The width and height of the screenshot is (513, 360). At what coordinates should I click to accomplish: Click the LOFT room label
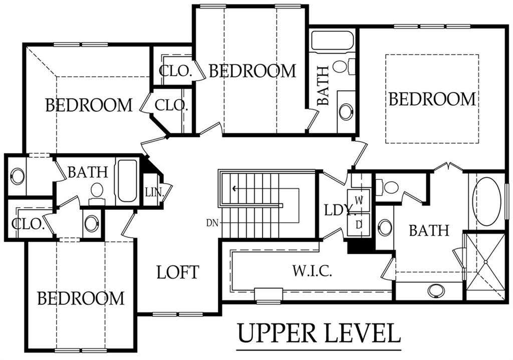coord(178,272)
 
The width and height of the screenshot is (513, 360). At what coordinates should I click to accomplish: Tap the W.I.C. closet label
coord(312,271)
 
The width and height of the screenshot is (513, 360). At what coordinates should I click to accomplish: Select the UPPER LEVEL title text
coord(319,333)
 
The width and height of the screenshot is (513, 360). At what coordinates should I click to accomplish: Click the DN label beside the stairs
coord(212,223)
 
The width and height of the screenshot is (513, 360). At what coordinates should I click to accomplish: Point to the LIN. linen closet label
coord(154,192)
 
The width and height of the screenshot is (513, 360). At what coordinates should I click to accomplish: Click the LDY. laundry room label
coord(339,210)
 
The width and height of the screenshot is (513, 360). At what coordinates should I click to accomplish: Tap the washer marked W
coord(359,200)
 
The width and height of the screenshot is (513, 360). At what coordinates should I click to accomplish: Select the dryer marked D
coord(359,225)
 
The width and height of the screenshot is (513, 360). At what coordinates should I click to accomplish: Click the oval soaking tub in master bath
coord(487,201)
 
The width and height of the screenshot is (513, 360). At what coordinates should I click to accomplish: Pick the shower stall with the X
coord(485,261)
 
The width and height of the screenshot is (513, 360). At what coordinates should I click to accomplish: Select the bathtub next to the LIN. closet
coord(127,180)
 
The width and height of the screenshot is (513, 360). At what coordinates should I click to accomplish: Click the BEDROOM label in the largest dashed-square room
coord(432,99)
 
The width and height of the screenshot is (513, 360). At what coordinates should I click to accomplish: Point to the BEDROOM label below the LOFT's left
coord(81,298)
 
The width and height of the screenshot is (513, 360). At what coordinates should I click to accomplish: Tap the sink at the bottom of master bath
coord(436,291)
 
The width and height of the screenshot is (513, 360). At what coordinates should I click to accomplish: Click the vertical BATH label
coord(323,86)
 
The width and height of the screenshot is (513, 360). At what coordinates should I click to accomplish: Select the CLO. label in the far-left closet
coord(28,224)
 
